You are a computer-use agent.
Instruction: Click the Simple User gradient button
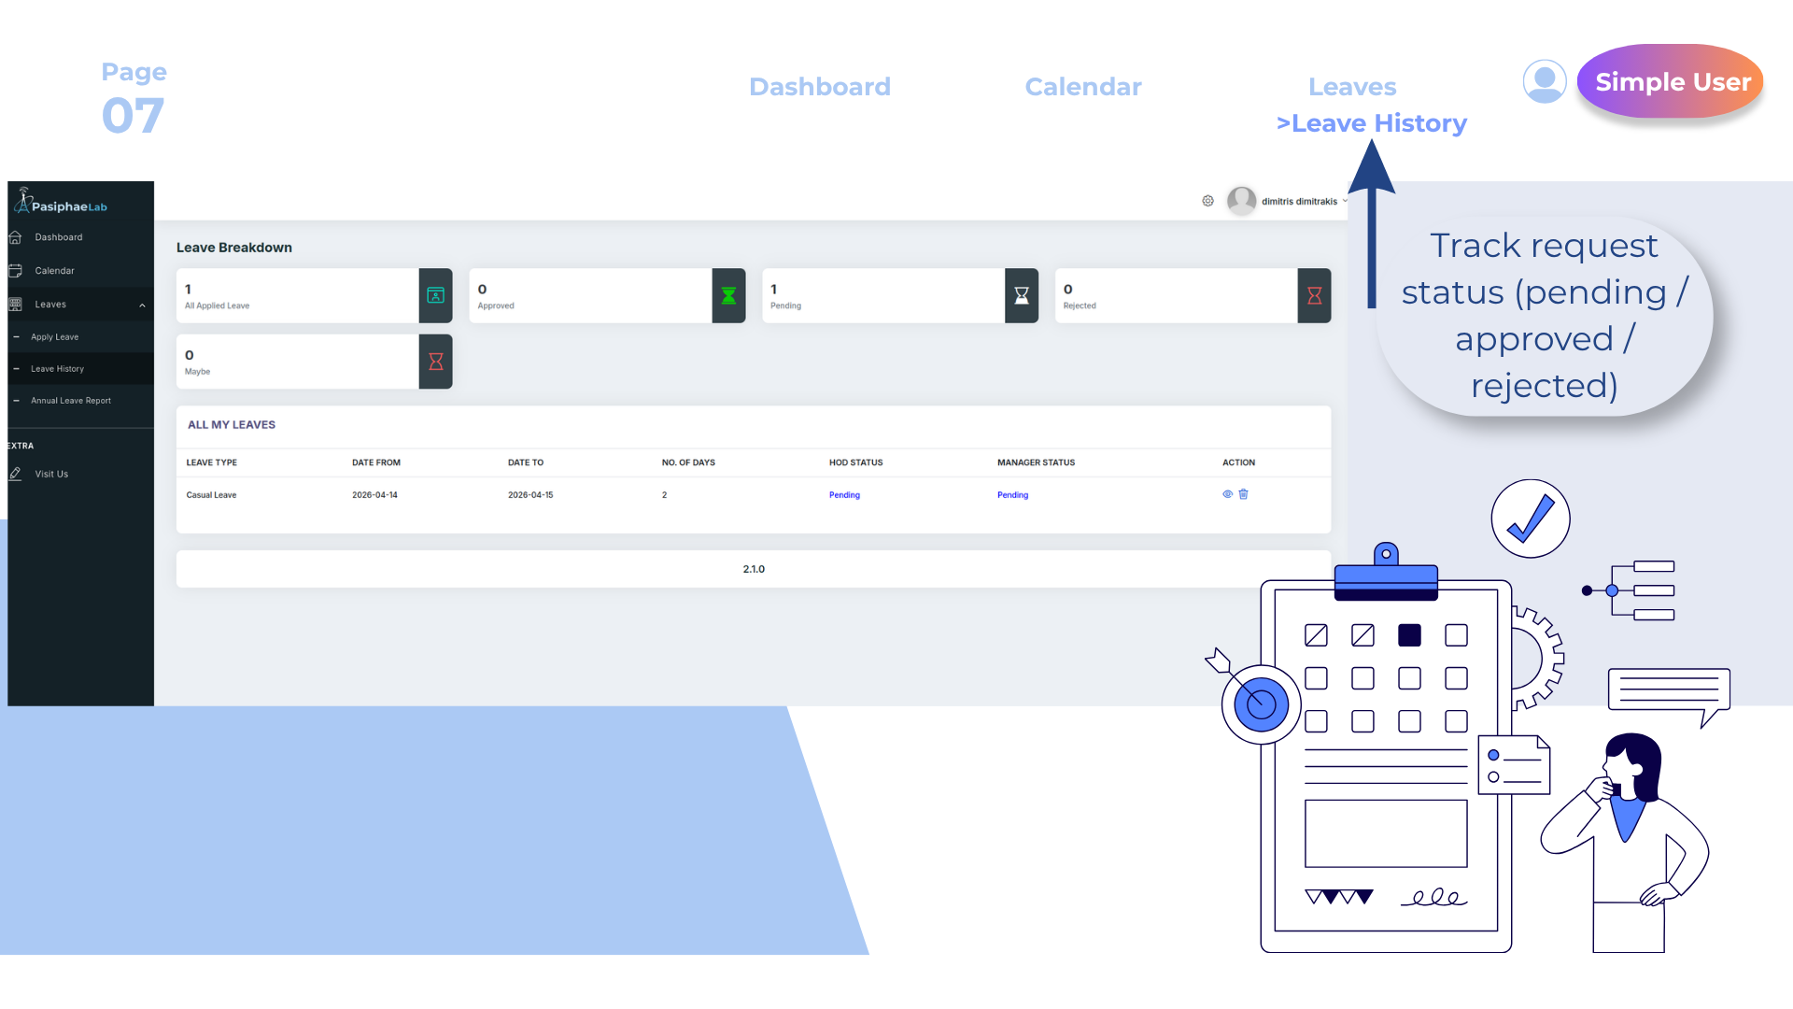tap(1671, 81)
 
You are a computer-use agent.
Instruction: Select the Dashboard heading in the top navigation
tap(820, 87)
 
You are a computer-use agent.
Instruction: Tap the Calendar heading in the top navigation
tap(1083, 87)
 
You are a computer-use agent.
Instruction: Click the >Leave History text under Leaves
tap(1372, 123)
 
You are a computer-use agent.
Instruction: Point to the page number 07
tap(133, 116)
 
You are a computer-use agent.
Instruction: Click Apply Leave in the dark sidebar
tap(55, 337)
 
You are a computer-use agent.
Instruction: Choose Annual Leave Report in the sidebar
tap(71, 401)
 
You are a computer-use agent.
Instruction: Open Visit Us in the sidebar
tap(51, 475)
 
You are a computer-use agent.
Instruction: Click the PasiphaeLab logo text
tap(69, 206)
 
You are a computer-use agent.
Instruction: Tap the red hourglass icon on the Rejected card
tap(1314, 296)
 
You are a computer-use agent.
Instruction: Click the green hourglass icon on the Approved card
tap(728, 296)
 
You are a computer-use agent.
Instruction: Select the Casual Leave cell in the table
tap(211, 495)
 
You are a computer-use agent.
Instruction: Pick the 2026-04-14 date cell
tap(374, 495)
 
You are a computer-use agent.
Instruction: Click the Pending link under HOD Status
tap(844, 495)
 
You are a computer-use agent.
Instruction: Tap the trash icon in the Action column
tap(1243, 494)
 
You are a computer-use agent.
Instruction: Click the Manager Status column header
tap(1036, 462)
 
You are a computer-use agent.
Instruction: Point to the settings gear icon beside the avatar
tap(1207, 201)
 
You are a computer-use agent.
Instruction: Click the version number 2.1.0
tap(754, 569)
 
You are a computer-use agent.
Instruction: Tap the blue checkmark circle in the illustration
tap(1531, 519)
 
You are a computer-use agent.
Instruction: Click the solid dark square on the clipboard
tap(1409, 635)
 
